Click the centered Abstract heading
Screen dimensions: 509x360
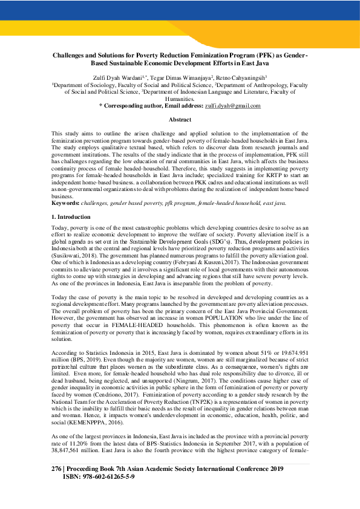180,120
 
